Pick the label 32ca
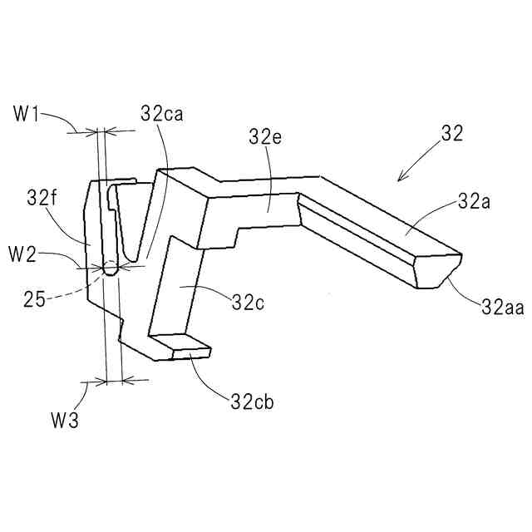[162, 115]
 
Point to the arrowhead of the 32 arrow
[401, 178]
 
